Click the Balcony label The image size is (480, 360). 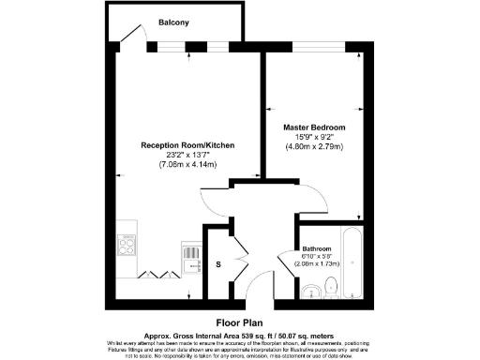tap(174, 22)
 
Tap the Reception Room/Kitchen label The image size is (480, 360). tap(187, 146)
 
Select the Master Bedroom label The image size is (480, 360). tap(314, 127)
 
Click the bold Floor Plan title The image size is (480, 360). tap(239, 320)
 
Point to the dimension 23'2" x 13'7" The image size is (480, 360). tap(187, 156)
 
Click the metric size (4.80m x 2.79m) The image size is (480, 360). tap(314, 146)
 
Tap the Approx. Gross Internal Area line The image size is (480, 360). tap(239, 333)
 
